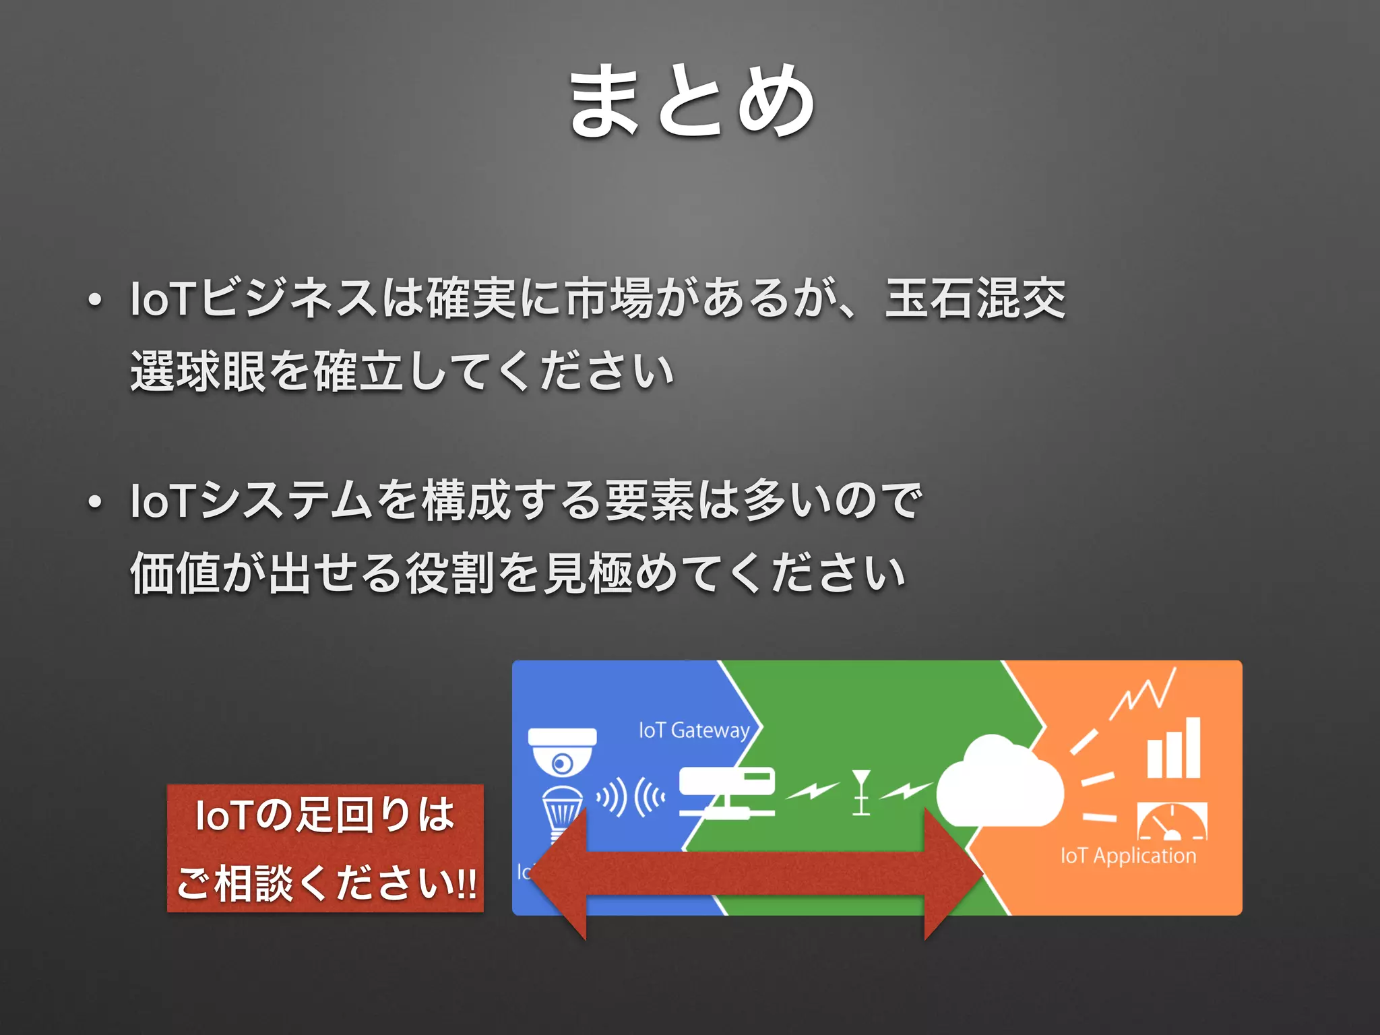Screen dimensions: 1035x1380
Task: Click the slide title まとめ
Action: click(691, 101)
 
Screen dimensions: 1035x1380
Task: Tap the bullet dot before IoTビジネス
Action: click(94, 300)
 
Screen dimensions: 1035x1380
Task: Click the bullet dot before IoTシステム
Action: click(94, 502)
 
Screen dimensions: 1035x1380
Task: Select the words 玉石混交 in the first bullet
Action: click(976, 299)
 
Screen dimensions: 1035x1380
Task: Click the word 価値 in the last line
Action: click(175, 573)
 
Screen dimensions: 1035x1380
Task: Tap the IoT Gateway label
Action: click(694, 730)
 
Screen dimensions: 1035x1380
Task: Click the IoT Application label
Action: click(1128, 856)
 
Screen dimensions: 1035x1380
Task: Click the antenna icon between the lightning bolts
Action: click(861, 792)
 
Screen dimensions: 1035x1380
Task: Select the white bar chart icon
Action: click(1174, 749)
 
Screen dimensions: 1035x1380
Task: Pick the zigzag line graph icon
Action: click(1143, 694)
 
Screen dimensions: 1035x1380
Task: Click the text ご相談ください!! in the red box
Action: click(326, 883)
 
